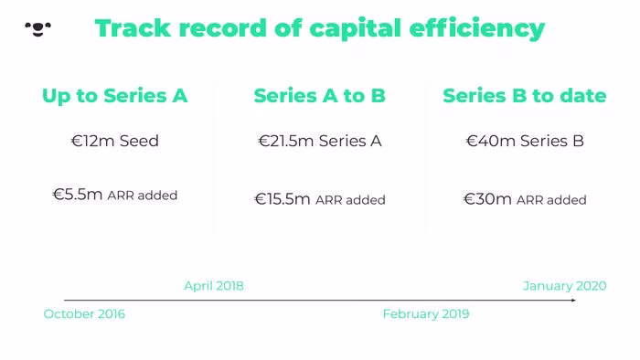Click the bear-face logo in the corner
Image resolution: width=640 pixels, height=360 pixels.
point(38,29)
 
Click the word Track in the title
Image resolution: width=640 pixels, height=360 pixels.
point(133,28)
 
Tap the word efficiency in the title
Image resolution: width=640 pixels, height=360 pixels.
point(476,29)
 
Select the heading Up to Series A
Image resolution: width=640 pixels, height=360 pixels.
point(114,96)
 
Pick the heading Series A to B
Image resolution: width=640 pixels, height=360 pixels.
point(320,96)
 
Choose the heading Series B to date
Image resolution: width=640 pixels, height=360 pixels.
point(525,96)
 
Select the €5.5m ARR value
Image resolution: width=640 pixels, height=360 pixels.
point(77,195)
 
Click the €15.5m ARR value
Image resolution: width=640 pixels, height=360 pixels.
point(282,199)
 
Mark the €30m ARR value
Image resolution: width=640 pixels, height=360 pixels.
point(487,199)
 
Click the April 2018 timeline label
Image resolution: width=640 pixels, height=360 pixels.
point(214,286)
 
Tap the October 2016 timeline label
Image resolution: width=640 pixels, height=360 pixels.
point(84,314)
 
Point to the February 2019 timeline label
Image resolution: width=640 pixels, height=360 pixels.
point(426,314)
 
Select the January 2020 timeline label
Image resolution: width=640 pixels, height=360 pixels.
point(565,286)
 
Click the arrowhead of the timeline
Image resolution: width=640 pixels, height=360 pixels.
point(573,300)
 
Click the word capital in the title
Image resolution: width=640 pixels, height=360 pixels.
point(355,29)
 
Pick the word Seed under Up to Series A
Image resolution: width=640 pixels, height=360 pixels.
point(139,141)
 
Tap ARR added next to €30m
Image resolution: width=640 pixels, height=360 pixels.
point(551,200)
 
